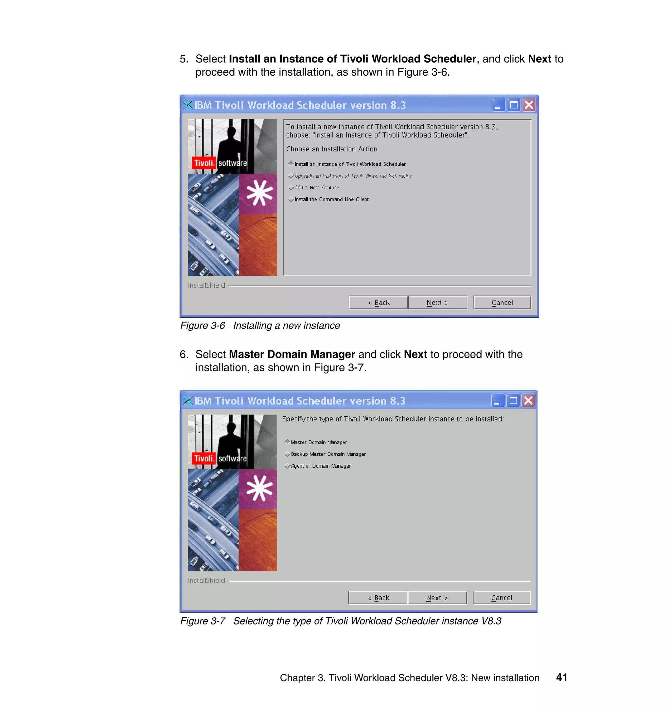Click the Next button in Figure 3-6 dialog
click(x=437, y=303)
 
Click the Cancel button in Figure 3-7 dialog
click(x=501, y=598)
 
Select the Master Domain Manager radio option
click(x=287, y=442)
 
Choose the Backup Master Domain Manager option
click(x=288, y=454)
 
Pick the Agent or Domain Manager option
click(x=288, y=466)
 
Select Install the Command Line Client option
click(x=291, y=199)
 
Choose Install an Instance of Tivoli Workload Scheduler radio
click(x=291, y=164)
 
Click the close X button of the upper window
click(x=529, y=105)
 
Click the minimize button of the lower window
click(x=498, y=401)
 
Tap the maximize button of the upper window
click(x=514, y=105)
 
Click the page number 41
click(x=561, y=678)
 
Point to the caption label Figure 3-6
click(x=203, y=326)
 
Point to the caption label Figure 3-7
click(x=203, y=621)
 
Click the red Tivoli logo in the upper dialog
click(x=203, y=163)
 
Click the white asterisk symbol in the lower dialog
click(x=260, y=488)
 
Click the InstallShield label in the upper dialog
click(x=206, y=285)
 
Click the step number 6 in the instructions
click(x=184, y=354)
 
